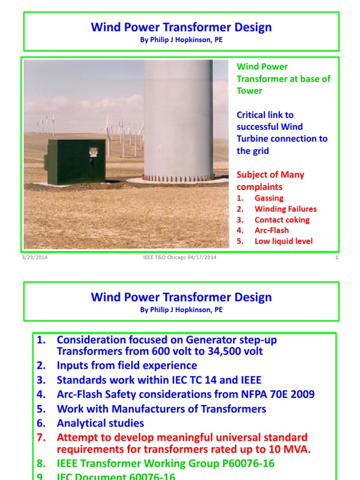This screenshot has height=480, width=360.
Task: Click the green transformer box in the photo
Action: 75,161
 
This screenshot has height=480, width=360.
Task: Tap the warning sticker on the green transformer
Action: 93,152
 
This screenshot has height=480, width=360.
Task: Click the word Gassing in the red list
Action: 269,198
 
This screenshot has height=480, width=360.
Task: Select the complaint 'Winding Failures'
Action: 285,209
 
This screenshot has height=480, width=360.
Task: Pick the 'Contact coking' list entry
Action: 282,220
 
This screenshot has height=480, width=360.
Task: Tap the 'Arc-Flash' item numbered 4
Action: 271,230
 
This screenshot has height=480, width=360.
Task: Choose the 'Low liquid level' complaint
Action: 283,241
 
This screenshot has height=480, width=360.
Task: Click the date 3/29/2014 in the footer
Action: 34,257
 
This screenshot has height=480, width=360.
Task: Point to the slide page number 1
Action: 337,257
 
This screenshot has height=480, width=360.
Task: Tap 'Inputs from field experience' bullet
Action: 127,365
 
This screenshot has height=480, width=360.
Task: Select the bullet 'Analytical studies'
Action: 100,423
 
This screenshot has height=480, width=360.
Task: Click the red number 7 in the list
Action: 41,438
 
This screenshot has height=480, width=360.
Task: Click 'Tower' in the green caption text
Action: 249,90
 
